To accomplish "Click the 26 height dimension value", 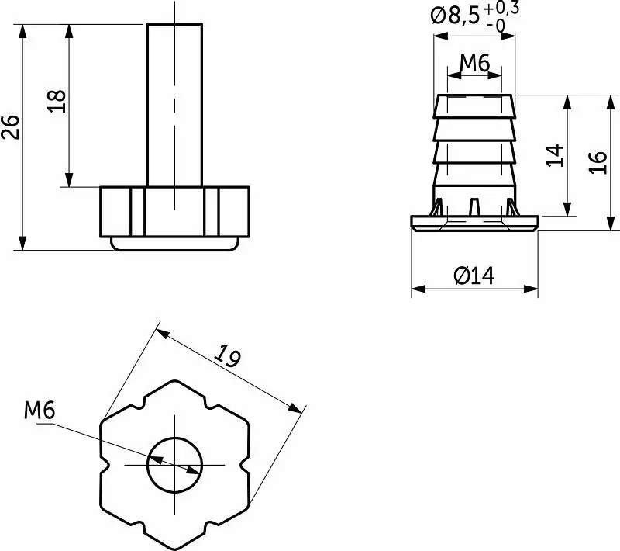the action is [x=11, y=127].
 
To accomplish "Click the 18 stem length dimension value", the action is [x=57, y=102].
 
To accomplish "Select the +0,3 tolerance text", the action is [x=501, y=8].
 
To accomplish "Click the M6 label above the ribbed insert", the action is [x=475, y=63].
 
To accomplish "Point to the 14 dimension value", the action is [x=555, y=155].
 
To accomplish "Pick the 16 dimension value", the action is [x=598, y=162].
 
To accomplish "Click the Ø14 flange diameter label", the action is [x=474, y=275].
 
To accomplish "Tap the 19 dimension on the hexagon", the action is [x=228, y=355].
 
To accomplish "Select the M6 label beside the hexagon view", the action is [x=40, y=410].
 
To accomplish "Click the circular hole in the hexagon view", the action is [x=174, y=465].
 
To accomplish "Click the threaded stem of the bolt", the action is [x=174, y=105].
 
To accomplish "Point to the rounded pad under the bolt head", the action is [x=175, y=244].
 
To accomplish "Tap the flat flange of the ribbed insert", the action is [x=474, y=223].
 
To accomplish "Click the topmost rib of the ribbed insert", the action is [x=474, y=106].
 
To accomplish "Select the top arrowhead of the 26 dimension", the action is [x=22, y=31].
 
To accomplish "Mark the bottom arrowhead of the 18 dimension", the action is [x=69, y=179].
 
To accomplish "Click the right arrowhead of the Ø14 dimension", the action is [x=531, y=289].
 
